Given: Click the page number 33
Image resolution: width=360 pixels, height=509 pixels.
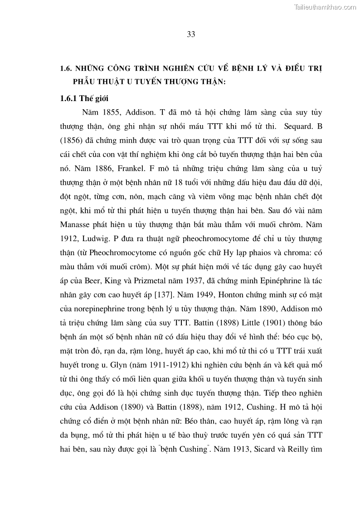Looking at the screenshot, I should pyautogui.click(x=191, y=35).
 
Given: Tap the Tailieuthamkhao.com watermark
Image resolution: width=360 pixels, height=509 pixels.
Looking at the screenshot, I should pyautogui.click(x=326, y=7).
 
